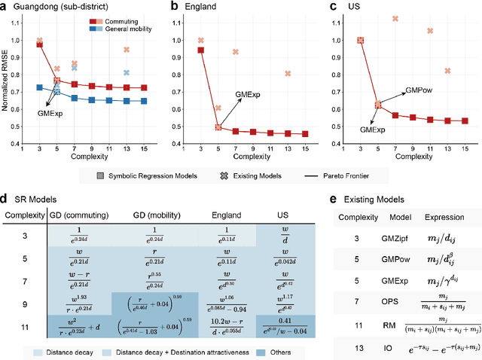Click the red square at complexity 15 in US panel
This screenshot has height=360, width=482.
464,121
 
